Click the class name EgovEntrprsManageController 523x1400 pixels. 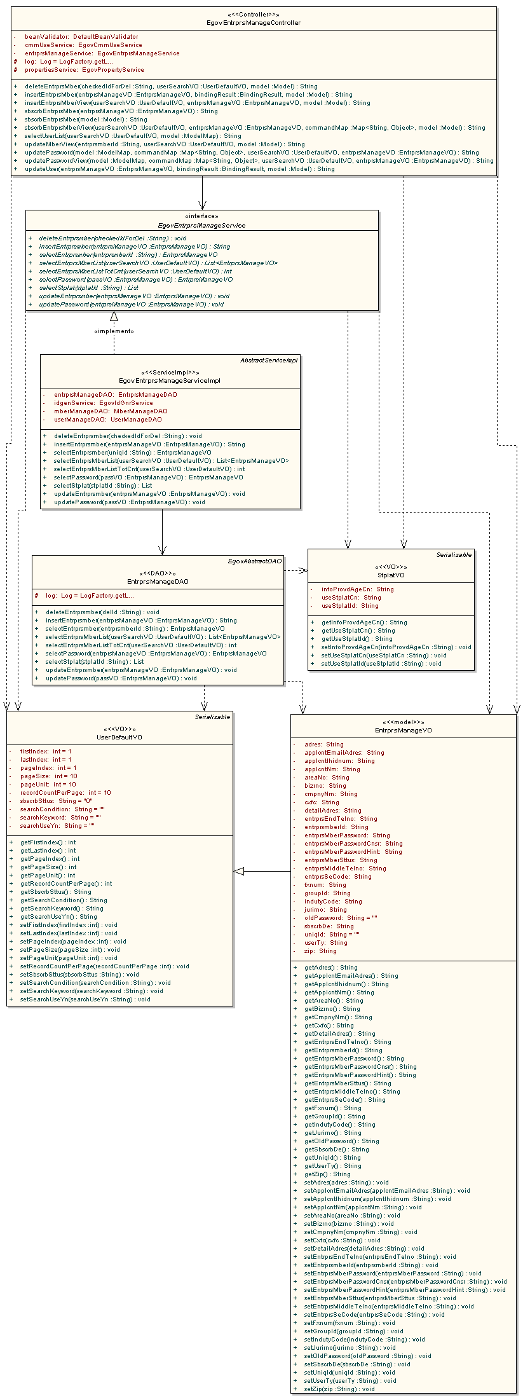coord(254,23)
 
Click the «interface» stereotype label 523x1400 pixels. coord(201,216)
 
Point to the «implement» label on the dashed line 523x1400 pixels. coord(114,331)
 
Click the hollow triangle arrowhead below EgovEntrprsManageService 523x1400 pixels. coord(114,316)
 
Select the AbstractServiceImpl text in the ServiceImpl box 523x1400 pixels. coord(268,360)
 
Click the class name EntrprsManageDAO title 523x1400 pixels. coord(158,582)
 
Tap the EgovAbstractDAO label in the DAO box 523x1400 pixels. coord(254,561)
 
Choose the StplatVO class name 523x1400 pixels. coord(391,575)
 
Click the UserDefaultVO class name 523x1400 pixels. coord(119,738)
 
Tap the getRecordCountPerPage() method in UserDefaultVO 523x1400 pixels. coord(66,884)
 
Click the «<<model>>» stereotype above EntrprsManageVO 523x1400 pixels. coord(404,722)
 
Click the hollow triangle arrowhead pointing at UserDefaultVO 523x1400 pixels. coord(239,871)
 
